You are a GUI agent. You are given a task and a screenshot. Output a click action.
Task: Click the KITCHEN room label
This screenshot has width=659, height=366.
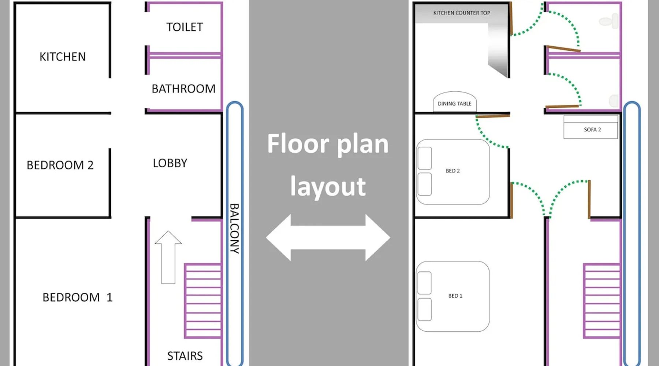(x=63, y=57)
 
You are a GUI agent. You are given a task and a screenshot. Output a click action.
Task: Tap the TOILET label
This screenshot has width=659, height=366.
(x=185, y=27)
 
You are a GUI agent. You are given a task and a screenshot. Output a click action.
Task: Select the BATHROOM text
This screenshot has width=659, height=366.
(x=183, y=89)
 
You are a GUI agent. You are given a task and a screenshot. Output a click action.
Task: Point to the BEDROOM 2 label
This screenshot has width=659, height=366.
(x=60, y=165)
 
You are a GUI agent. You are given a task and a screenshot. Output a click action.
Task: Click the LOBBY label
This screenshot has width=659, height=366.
(x=170, y=163)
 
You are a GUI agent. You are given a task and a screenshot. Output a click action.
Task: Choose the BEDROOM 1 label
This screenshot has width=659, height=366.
(x=77, y=297)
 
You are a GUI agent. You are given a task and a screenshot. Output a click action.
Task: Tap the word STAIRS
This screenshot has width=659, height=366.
(x=185, y=356)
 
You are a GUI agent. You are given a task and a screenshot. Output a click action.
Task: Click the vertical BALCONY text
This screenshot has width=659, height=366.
(x=234, y=228)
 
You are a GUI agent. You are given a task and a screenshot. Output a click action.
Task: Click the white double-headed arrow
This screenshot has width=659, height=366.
(x=328, y=238)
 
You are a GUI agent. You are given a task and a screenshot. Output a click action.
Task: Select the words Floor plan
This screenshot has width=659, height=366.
(x=328, y=144)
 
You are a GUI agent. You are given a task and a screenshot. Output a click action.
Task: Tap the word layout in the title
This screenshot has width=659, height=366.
(x=328, y=187)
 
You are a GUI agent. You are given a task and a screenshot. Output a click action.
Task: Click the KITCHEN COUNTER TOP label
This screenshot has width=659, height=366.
(x=462, y=13)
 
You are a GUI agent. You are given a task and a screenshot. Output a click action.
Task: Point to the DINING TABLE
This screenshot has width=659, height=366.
(x=455, y=103)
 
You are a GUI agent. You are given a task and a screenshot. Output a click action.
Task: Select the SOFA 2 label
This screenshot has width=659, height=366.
(x=592, y=130)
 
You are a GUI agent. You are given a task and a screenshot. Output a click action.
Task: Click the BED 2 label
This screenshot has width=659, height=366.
(x=453, y=171)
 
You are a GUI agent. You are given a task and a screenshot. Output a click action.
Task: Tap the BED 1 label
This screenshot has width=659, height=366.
(x=455, y=296)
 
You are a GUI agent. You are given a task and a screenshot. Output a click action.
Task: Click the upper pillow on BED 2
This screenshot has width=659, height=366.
(x=425, y=158)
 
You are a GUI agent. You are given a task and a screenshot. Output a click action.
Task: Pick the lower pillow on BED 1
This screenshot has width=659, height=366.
(x=425, y=309)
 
